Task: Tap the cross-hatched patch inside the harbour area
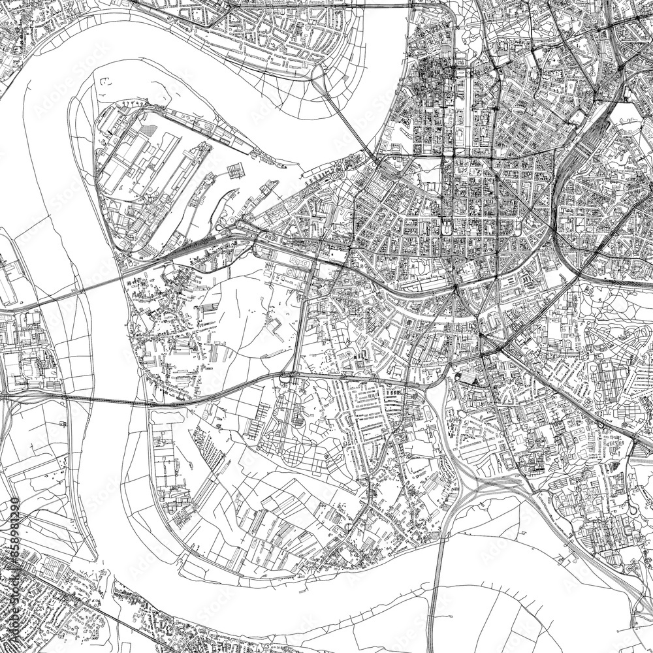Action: pyautogui.click(x=151, y=130)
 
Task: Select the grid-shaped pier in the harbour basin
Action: pyautogui.click(x=236, y=172)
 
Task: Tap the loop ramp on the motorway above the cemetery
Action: pyautogui.click(x=285, y=376)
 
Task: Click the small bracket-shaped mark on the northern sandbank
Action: pyautogui.click(x=104, y=82)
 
